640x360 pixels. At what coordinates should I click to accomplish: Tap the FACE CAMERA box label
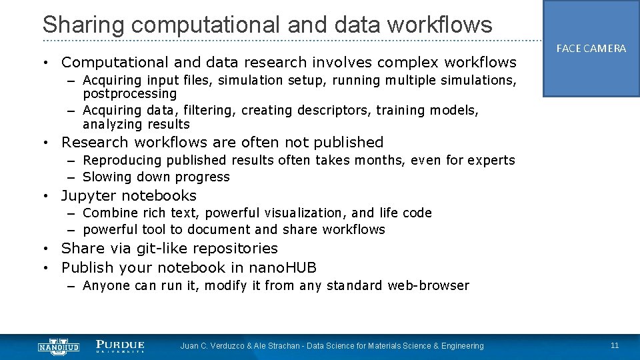[x=591, y=49]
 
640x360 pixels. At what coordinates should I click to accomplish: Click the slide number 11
[x=614, y=345]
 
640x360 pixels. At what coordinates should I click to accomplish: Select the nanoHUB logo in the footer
[x=59, y=346]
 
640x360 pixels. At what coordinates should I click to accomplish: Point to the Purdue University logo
[x=120, y=346]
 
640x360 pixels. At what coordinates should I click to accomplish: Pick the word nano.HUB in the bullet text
[x=283, y=268]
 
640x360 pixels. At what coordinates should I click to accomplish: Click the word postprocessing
[x=129, y=94]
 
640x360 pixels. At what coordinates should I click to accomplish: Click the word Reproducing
[x=122, y=160]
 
